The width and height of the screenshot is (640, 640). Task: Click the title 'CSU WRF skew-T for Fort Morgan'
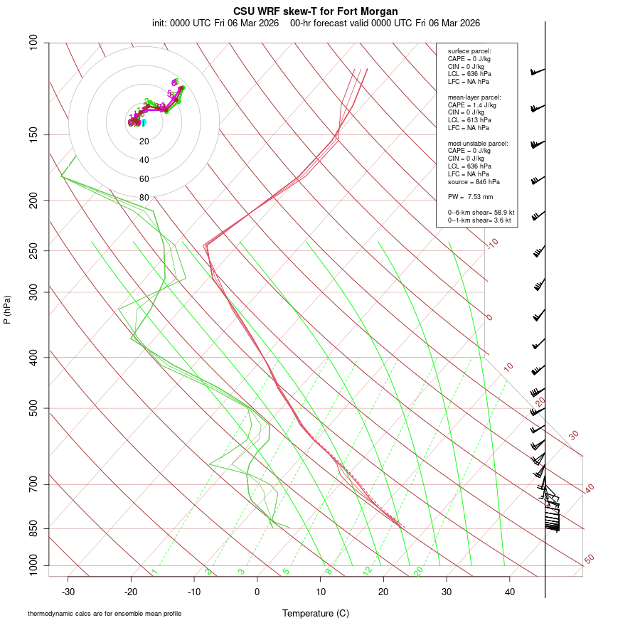tap(316, 11)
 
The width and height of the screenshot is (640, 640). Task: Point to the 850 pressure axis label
tap(33, 529)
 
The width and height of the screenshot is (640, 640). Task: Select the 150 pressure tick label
tap(33, 135)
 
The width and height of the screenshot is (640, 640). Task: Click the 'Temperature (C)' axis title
tap(315, 613)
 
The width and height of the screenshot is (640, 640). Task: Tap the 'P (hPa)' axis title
tap(7, 310)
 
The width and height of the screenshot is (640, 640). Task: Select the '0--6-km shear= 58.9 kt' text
tap(481, 213)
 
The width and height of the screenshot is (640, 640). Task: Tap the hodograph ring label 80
tap(144, 198)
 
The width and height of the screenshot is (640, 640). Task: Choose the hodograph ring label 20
tap(144, 142)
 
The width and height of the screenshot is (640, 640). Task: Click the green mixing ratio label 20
tap(418, 571)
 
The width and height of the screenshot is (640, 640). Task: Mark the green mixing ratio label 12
tap(368, 571)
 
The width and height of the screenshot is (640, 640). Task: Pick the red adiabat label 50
tap(589, 560)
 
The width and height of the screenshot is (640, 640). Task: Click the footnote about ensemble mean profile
tap(105, 613)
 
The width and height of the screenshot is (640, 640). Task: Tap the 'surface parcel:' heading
tap(469, 51)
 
